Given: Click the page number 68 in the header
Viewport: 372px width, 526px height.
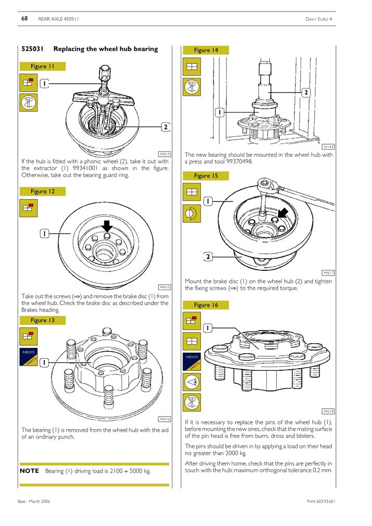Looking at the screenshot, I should click(x=24, y=19).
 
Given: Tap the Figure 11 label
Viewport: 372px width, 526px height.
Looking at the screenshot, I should click(x=42, y=66).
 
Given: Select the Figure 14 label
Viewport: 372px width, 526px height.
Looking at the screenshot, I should click(x=206, y=50).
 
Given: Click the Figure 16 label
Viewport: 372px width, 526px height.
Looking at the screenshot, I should click(x=206, y=305).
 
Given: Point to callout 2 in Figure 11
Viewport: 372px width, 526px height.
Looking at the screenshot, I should click(x=165, y=127).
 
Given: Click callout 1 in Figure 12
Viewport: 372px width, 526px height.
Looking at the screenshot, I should click(x=45, y=234).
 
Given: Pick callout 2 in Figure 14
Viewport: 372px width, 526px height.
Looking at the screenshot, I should click(x=306, y=92).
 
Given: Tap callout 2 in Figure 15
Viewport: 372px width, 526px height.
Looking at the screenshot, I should click(x=208, y=256).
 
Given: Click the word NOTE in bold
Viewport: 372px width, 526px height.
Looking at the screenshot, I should click(x=29, y=471).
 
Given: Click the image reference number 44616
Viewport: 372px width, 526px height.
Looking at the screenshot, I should click(x=165, y=419).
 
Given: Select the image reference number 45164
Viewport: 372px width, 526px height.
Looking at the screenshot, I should click(x=328, y=147).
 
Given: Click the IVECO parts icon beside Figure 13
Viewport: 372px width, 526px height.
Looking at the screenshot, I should click(x=28, y=359).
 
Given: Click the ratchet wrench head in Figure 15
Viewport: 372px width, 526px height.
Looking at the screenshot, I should click(x=266, y=184).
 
